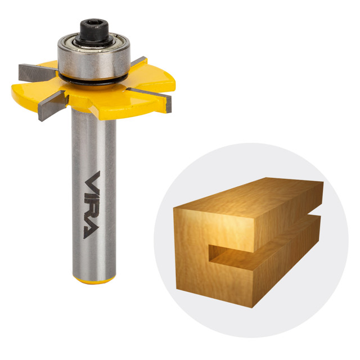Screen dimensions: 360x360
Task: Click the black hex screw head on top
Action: point(94,32)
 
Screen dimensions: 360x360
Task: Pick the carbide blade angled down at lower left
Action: point(52,106)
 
